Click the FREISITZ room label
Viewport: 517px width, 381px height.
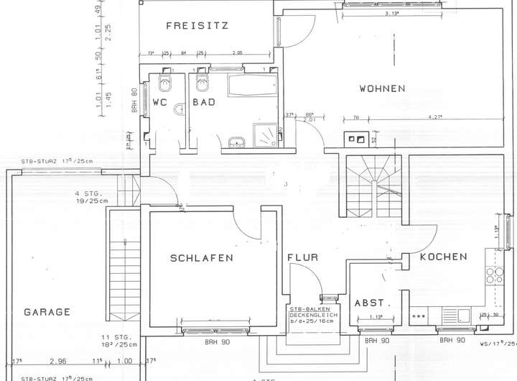(x=197, y=26)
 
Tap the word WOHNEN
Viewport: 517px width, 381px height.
(x=382, y=89)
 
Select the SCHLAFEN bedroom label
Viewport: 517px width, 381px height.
(x=202, y=257)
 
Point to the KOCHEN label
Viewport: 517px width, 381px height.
(x=444, y=257)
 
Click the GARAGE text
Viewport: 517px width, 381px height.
(x=47, y=312)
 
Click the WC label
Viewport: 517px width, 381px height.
(x=160, y=102)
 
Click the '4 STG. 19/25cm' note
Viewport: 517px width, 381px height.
(x=89, y=197)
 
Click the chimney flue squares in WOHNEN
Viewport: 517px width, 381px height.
(x=355, y=139)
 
